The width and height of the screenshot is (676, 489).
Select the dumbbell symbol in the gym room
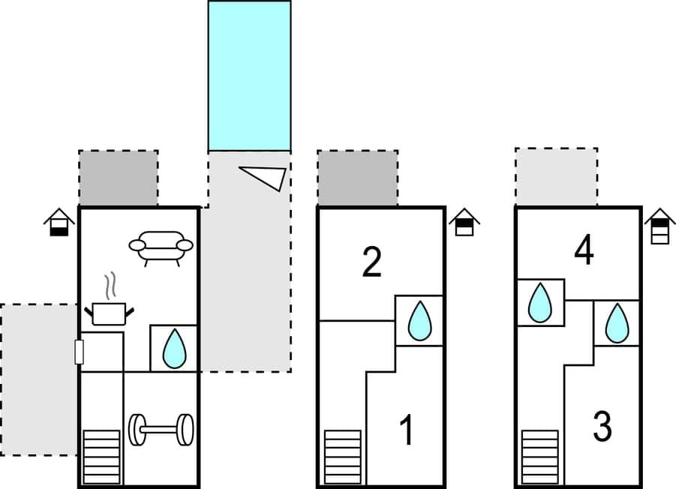(161, 430)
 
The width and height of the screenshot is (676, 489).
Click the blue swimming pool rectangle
(249, 76)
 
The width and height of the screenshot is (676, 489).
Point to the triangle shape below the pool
(266, 176)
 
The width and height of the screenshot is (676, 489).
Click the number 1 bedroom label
(407, 430)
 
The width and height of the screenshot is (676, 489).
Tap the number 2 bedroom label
(371, 262)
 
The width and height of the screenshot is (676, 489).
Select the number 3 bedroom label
(602, 426)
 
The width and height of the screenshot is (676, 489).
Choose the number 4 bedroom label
(584, 252)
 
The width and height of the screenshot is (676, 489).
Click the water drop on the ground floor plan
(174, 349)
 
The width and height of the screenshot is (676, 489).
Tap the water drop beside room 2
(419, 321)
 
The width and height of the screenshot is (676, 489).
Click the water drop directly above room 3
(617, 322)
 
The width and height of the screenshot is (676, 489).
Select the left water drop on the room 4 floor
(539, 302)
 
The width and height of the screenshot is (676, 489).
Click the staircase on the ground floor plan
(101, 457)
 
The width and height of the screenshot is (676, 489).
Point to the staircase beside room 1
(342, 457)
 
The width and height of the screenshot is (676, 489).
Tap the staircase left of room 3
(540, 457)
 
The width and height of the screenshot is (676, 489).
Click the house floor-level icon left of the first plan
(59, 223)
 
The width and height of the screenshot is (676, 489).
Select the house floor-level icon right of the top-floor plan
(659, 226)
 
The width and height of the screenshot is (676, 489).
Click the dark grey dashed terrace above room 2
(357, 178)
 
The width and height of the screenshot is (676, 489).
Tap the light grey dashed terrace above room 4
(556, 176)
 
